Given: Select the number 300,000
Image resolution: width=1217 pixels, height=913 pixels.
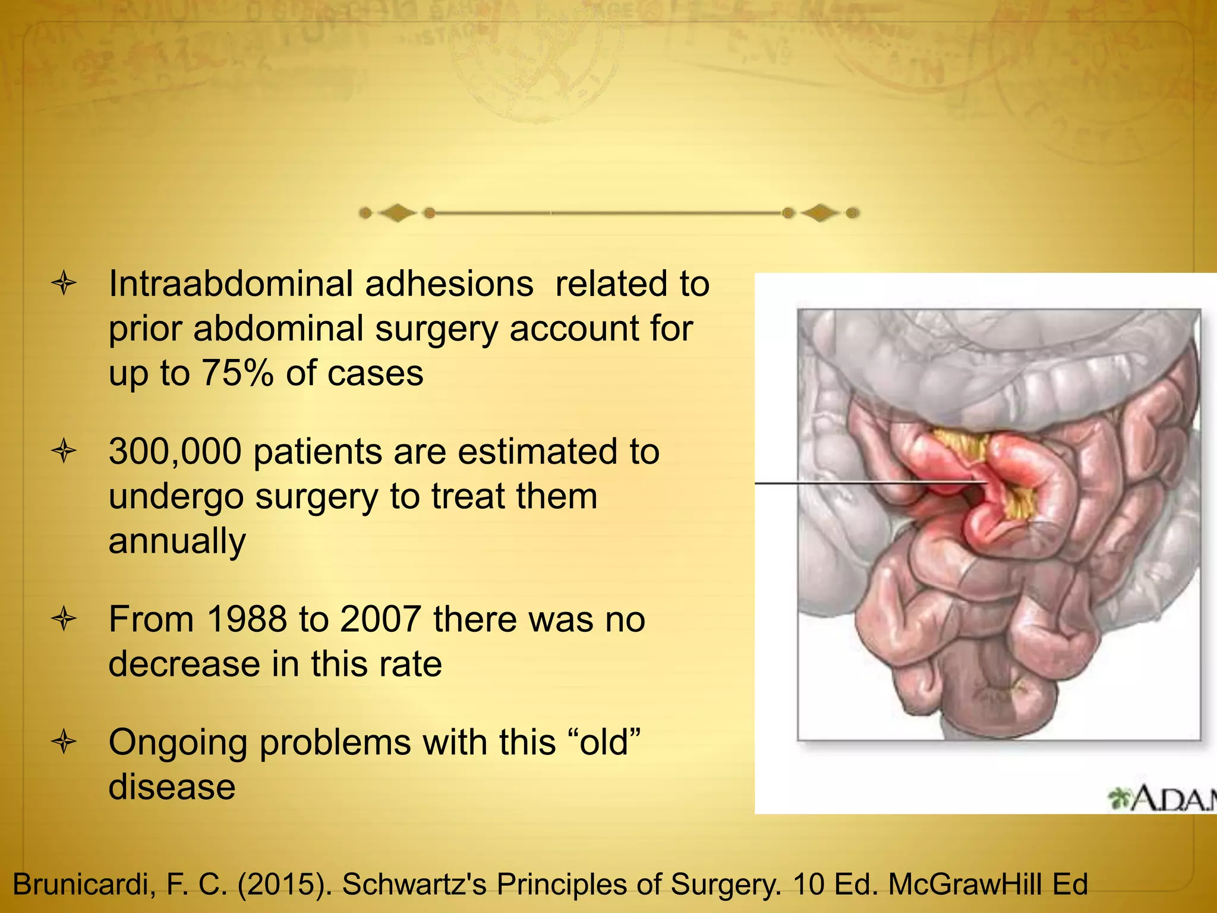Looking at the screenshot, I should tap(175, 452).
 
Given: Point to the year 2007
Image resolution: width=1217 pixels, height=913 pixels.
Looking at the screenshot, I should tap(381, 619).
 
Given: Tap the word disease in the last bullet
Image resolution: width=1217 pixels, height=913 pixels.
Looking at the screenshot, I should tap(172, 787).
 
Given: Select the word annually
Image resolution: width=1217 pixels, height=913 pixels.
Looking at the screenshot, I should tap(177, 541).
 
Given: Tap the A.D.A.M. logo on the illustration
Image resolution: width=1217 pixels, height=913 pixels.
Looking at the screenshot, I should tap(1162, 799).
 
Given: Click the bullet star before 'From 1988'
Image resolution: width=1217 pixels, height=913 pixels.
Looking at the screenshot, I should tap(64, 620).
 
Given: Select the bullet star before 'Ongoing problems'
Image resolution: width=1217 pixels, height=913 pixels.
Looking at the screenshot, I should tap(64, 742).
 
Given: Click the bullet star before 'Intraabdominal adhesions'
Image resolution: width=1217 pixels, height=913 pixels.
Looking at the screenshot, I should tap(64, 284).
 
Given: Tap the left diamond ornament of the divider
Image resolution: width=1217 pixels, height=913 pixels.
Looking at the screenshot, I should tap(397, 213).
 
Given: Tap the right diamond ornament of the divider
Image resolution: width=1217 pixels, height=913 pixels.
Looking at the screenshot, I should tap(820, 213).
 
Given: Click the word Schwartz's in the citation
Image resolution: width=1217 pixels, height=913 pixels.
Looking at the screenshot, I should tap(414, 884).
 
